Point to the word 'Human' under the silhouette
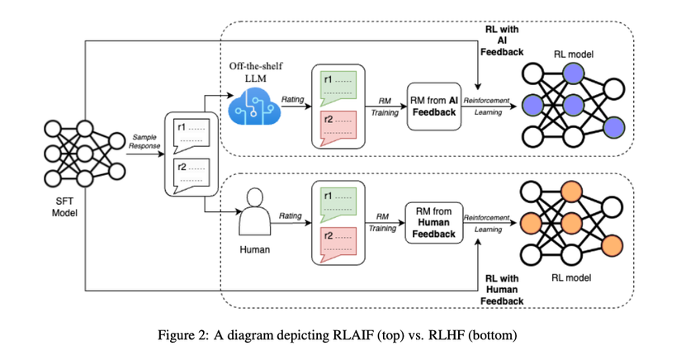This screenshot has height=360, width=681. pos(254,248)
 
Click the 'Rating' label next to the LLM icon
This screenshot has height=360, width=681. pos(291,99)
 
